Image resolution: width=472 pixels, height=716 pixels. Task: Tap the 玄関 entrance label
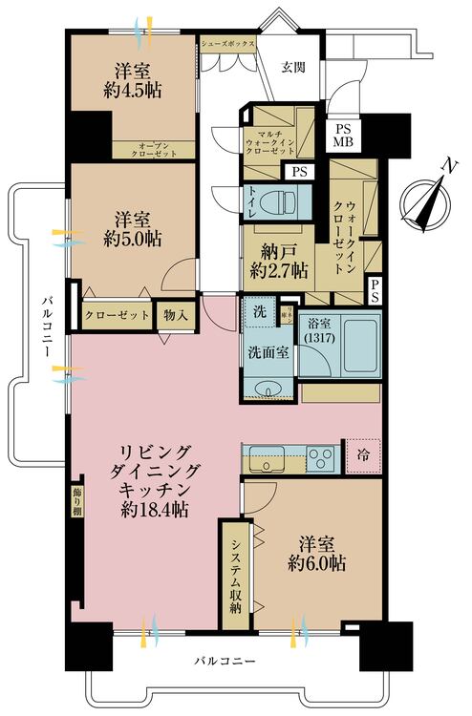[293, 67]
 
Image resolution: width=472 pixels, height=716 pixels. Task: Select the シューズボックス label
[228, 43]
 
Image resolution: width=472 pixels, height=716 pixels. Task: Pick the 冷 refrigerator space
[364, 455]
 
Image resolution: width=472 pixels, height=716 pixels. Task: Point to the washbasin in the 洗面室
[270, 390]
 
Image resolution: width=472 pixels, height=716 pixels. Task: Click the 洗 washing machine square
[259, 312]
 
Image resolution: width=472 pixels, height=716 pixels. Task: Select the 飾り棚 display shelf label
[75, 501]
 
